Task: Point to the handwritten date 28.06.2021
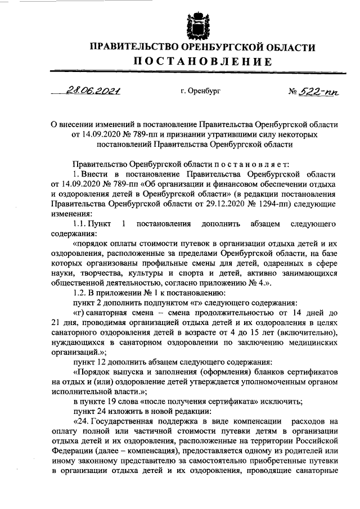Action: point(94,91)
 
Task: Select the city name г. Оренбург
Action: point(201,91)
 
